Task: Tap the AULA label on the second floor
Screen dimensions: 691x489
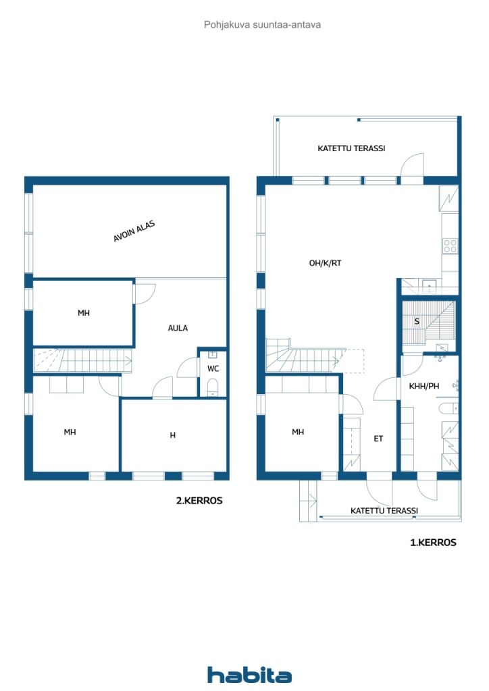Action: [x=178, y=328]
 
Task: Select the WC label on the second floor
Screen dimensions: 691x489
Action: [x=213, y=368]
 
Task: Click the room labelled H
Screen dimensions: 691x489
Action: [x=173, y=435]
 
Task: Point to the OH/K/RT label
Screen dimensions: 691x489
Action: [x=326, y=263]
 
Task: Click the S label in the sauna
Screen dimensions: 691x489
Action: [x=417, y=321]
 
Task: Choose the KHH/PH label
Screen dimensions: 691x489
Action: [x=425, y=387]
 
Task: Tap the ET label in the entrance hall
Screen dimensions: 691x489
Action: [x=378, y=439]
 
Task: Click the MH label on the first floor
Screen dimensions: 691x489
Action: [x=298, y=432]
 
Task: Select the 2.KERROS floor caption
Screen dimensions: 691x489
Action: [x=199, y=501]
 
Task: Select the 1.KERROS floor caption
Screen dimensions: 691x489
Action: [x=433, y=542]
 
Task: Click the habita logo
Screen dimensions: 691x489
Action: [x=249, y=675]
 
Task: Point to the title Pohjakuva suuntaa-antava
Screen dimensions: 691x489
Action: [x=262, y=24]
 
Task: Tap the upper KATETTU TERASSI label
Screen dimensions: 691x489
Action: [x=351, y=148]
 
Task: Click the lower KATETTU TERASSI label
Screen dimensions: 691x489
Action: [x=384, y=511]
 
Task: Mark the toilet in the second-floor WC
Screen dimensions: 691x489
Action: [x=213, y=387]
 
